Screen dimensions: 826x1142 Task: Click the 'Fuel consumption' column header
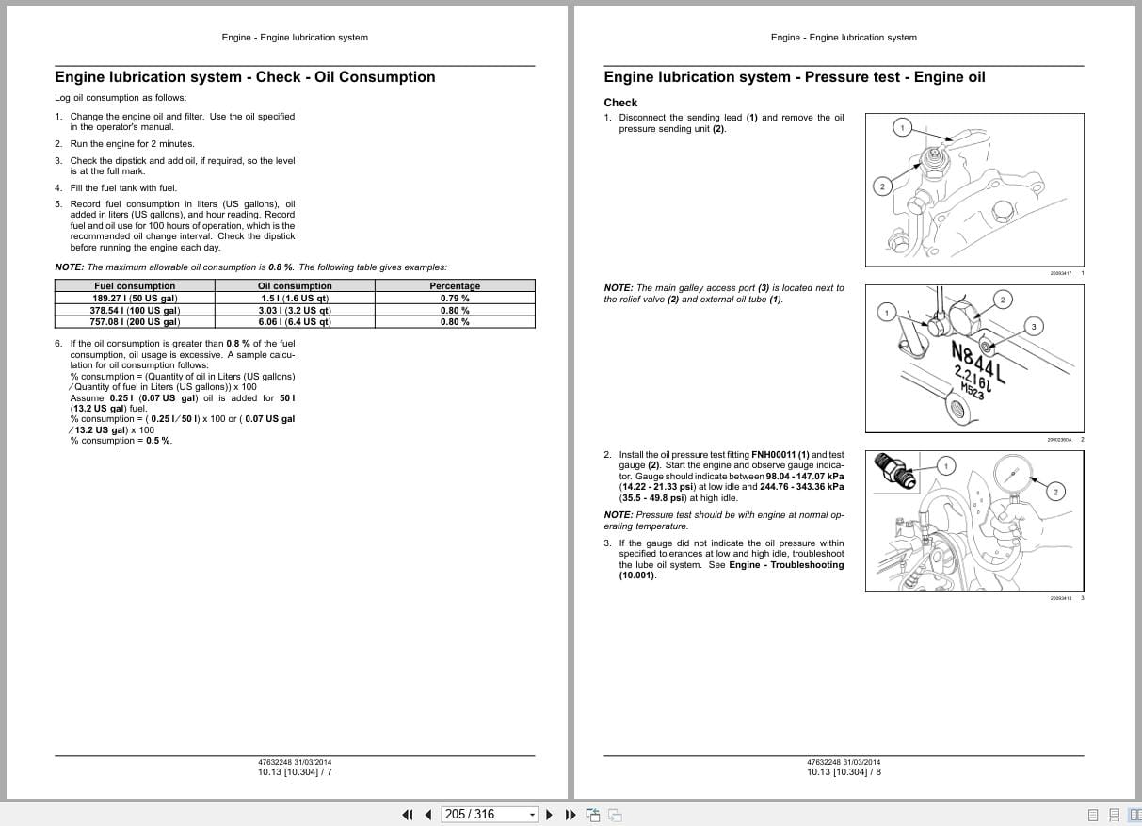[x=135, y=285]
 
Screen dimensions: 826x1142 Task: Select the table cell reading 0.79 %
[x=455, y=298]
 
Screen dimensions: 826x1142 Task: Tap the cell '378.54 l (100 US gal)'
[x=135, y=310]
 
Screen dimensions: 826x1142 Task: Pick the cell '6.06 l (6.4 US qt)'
[x=295, y=321]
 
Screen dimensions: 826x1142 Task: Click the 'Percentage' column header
[x=455, y=285]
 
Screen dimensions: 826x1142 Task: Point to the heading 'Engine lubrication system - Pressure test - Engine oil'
[x=794, y=77]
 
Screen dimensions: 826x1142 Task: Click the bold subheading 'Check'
[x=620, y=103]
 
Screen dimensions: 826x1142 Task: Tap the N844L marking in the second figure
[x=978, y=363]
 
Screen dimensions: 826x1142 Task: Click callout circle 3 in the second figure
[x=1034, y=327]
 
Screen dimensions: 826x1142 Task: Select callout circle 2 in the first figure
[x=882, y=186]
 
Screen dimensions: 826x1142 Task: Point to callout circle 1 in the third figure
[x=946, y=465]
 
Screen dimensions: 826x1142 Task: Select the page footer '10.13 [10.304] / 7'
[x=295, y=772]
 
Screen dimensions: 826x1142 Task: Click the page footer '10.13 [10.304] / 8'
[x=844, y=772]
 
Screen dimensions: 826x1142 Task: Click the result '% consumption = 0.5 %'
[x=121, y=441]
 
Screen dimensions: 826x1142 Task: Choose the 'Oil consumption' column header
[x=295, y=285]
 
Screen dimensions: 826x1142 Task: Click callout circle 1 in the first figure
[x=902, y=127]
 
